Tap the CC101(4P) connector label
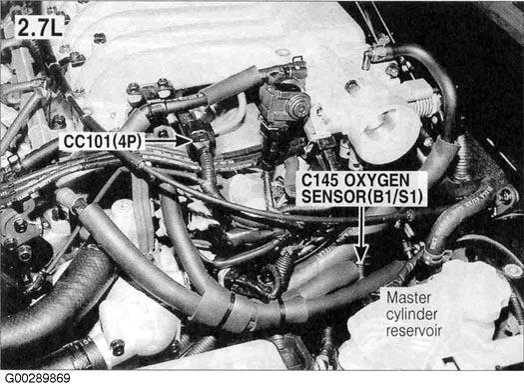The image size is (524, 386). coord(102,142)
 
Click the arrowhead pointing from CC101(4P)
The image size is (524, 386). coord(185,140)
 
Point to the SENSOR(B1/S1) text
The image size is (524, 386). coord(362,197)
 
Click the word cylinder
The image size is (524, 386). coord(411,314)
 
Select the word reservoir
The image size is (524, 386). coord(414,330)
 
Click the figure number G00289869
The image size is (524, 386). coord(36,379)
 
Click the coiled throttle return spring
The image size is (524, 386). coord(425,104)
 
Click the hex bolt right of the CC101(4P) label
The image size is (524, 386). coord(164,133)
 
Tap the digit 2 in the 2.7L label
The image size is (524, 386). coord(24,27)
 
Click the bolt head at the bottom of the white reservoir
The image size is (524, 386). coord(117,348)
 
